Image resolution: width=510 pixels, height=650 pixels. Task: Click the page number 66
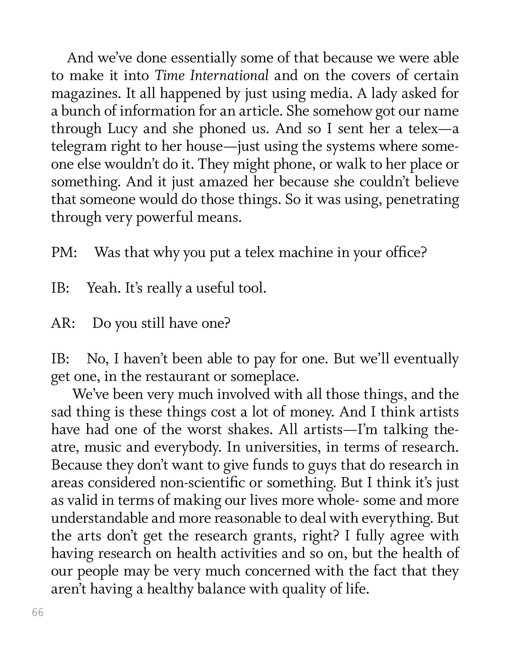point(38,612)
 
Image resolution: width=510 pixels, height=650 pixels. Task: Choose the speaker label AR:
point(63,323)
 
